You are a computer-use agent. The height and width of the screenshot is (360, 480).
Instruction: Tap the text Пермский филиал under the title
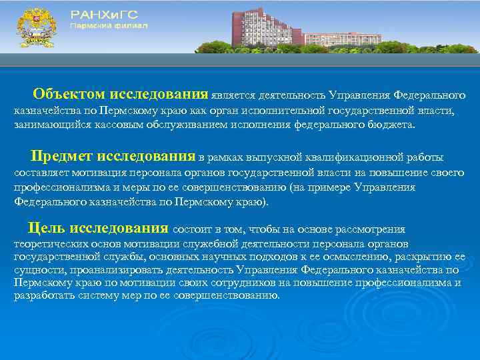110,25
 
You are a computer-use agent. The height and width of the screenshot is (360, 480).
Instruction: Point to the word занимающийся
47,125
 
